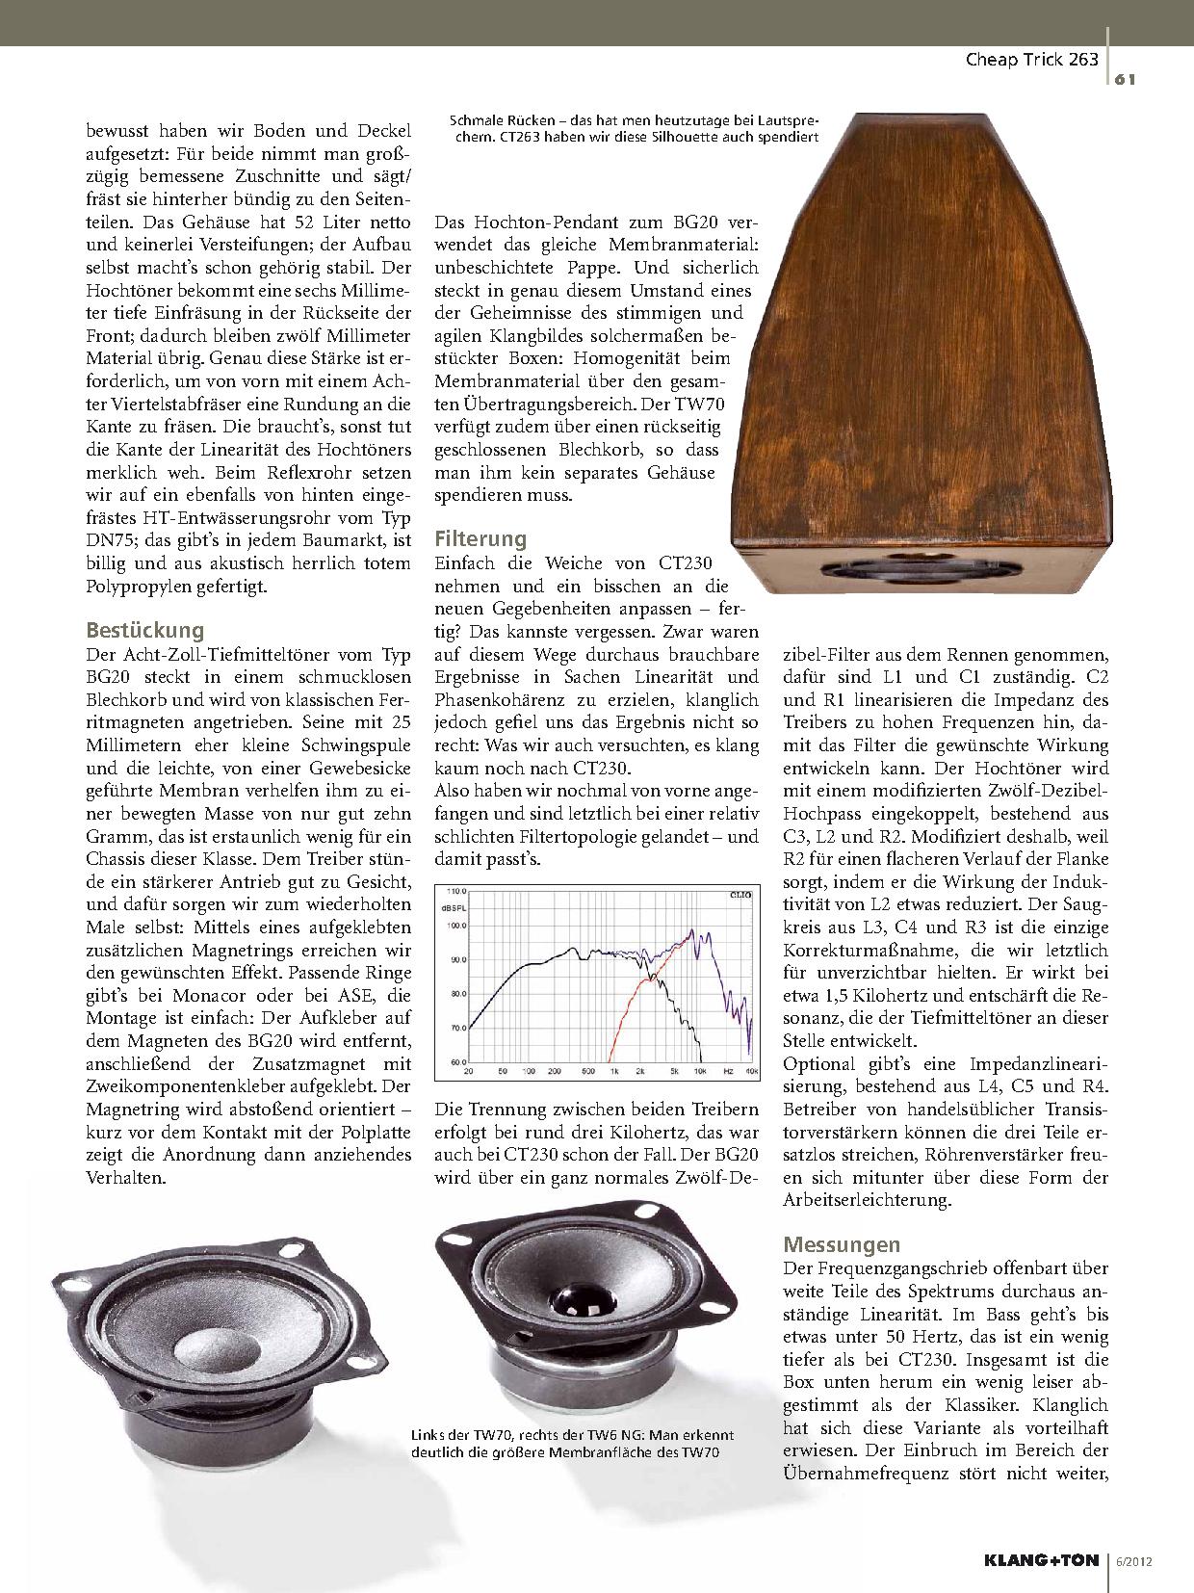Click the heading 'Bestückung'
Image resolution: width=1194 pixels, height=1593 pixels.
click(145, 631)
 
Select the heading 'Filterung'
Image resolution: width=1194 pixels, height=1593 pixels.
click(480, 538)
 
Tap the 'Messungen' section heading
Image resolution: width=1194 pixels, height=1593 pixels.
click(842, 1242)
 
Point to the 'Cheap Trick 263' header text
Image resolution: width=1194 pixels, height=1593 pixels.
click(1031, 60)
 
